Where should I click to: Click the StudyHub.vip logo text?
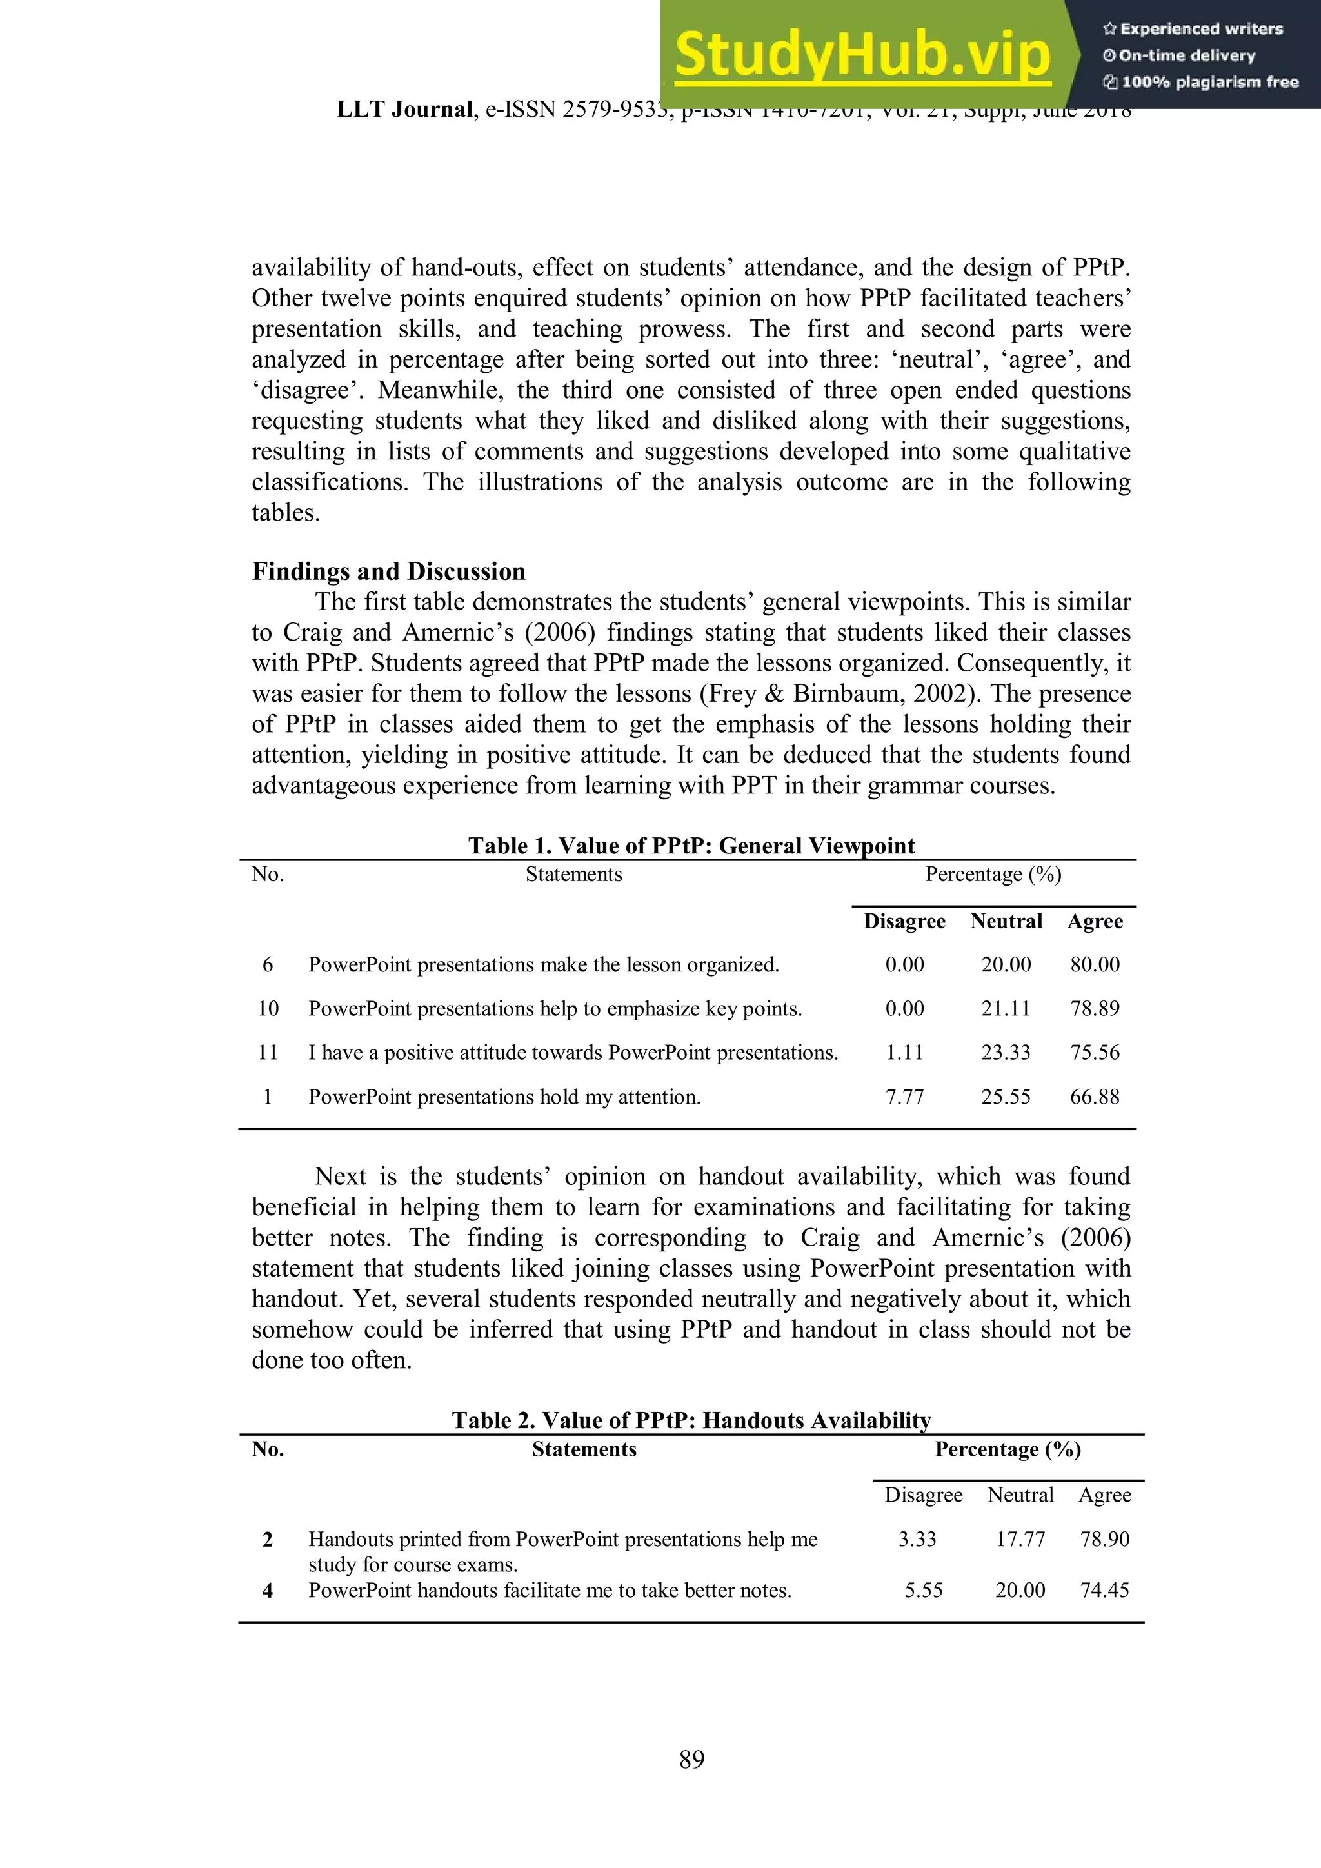point(862,54)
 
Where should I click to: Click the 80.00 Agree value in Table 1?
point(1094,965)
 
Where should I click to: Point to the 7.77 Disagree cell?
point(904,1097)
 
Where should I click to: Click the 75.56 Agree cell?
point(1094,1053)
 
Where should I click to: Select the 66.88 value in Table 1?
point(1094,1097)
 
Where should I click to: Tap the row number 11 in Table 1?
point(268,1053)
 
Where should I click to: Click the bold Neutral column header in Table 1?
point(1006,921)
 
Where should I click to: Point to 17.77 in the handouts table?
point(1020,1538)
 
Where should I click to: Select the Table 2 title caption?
point(691,1420)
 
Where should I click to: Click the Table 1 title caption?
point(691,846)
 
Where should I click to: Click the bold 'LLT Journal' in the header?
point(404,110)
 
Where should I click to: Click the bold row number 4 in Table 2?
point(268,1590)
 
